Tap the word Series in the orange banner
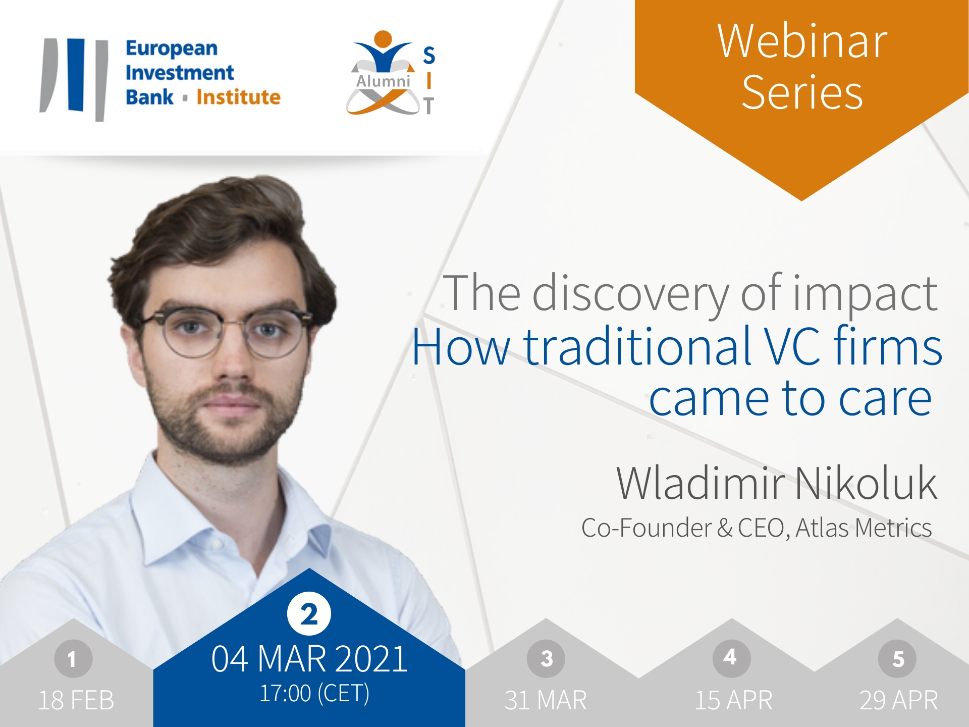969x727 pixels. (802, 92)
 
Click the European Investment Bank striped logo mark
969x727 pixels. (74, 79)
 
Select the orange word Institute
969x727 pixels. (238, 96)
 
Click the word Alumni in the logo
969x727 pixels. (383, 81)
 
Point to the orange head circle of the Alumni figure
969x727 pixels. (383, 39)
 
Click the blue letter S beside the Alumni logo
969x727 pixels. (429, 56)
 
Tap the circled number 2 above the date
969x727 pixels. (309, 614)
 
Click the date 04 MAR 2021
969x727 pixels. (309, 659)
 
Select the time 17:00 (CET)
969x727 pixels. (314, 694)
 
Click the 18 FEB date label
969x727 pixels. (76, 700)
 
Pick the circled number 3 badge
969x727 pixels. (546, 658)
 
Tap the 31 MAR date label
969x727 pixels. (546, 700)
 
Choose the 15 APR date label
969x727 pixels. (733, 700)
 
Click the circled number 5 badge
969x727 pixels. (898, 658)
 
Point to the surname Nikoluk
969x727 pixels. (866, 483)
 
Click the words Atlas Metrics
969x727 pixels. (864, 528)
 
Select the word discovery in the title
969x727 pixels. (631, 294)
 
